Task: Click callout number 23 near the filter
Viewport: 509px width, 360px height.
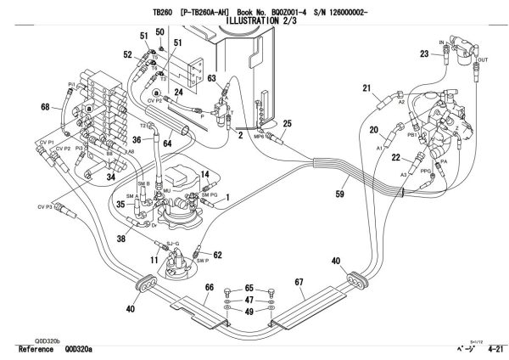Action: pyautogui.click(x=425, y=53)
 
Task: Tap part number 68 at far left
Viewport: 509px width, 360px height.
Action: pyautogui.click(x=45, y=106)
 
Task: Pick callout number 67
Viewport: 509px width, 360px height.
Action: pyautogui.click(x=299, y=281)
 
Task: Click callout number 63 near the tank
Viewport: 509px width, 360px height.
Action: pyautogui.click(x=212, y=78)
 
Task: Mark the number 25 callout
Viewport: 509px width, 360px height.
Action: pyautogui.click(x=288, y=125)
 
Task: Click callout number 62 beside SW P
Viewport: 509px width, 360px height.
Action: pyautogui.click(x=217, y=254)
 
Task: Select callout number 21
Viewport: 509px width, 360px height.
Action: pyautogui.click(x=367, y=88)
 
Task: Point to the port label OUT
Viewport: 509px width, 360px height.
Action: pyautogui.click(x=484, y=60)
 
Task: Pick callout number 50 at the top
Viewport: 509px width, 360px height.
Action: pyautogui.click(x=159, y=31)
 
